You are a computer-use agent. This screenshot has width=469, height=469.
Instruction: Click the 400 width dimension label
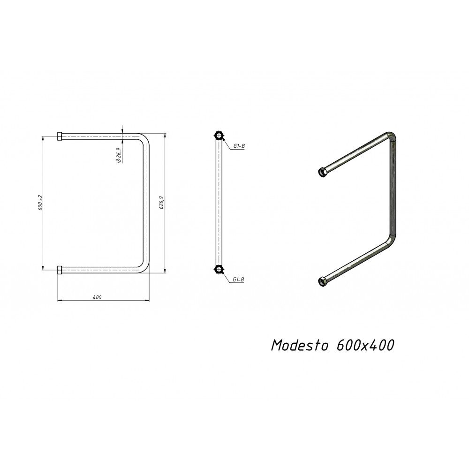pyautogui.click(x=97, y=297)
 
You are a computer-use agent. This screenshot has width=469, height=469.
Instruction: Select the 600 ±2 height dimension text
pyautogui.click(x=40, y=203)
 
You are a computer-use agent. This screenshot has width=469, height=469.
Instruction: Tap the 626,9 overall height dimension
pyautogui.click(x=161, y=203)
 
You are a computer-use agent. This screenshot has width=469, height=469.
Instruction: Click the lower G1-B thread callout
pyautogui.click(x=239, y=280)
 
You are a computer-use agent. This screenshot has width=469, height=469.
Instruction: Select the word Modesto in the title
pyautogui.click(x=300, y=345)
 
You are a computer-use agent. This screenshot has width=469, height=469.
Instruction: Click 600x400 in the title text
pyautogui.click(x=365, y=345)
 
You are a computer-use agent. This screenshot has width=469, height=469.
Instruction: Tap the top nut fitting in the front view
pyautogui.click(x=60, y=136)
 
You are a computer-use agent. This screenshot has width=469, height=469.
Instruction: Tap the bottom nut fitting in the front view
pyautogui.click(x=60, y=270)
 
